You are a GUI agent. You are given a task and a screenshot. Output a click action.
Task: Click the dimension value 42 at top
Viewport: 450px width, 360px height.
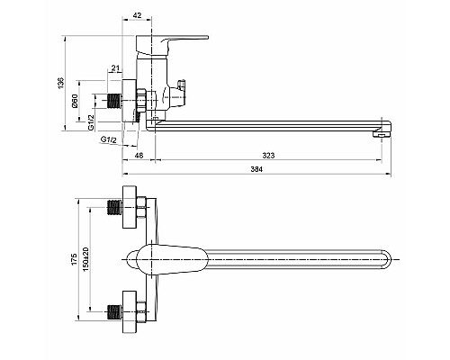pos(137,15)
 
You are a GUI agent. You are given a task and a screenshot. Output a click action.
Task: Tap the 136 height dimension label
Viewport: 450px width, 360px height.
pos(61,83)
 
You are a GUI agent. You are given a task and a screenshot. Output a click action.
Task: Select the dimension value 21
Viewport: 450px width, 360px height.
pos(115,68)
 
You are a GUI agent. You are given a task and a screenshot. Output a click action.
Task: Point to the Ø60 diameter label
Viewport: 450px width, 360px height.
pos(75,101)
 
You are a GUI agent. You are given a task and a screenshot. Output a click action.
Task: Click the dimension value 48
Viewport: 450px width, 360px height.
pos(139,155)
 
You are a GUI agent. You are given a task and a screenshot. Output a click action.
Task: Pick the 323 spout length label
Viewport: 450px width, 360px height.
pos(268,155)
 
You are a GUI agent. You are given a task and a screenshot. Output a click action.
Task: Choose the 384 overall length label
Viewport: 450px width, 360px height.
pos(256,169)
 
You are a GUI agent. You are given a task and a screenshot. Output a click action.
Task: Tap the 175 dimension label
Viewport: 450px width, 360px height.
pos(74,259)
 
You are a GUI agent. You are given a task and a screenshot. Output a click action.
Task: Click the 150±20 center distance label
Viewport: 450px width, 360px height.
pos(86,259)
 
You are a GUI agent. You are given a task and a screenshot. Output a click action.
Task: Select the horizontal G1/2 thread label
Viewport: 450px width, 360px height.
pos(108,139)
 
